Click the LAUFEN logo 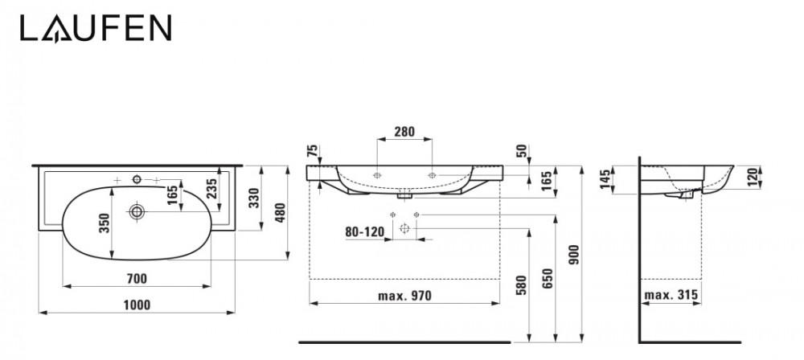click(95, 29)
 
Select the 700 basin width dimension click(137, 278)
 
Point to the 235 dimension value click(211, 190)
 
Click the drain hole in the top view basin click(137, 212)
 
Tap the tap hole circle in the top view click(137, 178)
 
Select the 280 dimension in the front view click(404, 133)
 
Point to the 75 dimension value click(312, 151)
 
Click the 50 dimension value click(522, 151)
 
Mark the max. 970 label click(404, 295)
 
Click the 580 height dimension click(520, 284)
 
